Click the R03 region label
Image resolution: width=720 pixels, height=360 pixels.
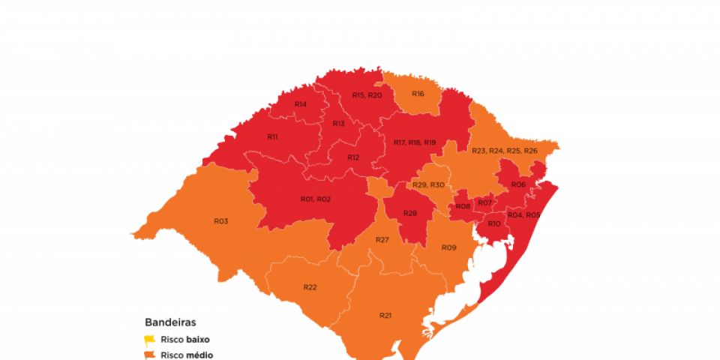220,221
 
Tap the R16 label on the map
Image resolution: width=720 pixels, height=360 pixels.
417,94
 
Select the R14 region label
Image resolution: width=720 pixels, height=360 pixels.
300,104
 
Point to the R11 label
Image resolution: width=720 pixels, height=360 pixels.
272,137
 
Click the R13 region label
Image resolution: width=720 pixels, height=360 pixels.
338,123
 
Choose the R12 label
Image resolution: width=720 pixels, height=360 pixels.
353,157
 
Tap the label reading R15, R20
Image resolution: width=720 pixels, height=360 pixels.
367,95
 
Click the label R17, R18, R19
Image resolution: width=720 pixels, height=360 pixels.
414,142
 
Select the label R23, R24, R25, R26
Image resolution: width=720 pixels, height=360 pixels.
504,151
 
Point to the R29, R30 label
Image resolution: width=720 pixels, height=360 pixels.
428,185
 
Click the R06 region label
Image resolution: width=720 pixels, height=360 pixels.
517,184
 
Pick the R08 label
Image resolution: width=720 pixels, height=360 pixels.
463,206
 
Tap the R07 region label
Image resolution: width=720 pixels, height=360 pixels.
484,202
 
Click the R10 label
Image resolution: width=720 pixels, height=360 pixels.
493,223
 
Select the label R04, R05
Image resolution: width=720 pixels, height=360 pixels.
523,214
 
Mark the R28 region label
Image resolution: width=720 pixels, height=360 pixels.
409,214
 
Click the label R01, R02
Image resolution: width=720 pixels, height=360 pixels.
316,199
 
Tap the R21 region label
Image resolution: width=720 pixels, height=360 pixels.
385,316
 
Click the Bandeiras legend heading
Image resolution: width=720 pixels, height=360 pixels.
170,322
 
